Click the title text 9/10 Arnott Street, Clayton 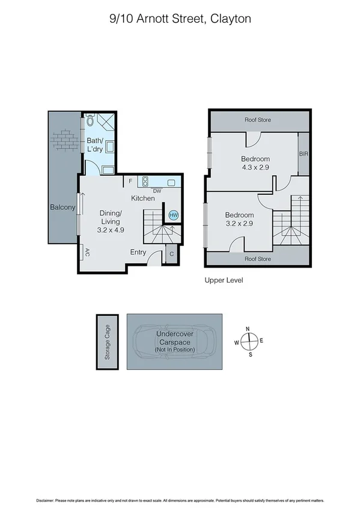tap(180, 19)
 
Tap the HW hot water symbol tap(174, 215)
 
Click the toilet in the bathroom tap(90, 120)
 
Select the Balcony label tap(63, 207)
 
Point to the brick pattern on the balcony tap(65, 140)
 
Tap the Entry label tap(138, 252)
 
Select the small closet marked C tap(171, 253)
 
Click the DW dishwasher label tap(157, 191)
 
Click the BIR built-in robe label tap(304, 154)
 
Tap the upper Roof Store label tap(257, 120)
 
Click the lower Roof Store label tap(257, 259)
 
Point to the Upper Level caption tap(224, 280)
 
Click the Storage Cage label tap(108, 342)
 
